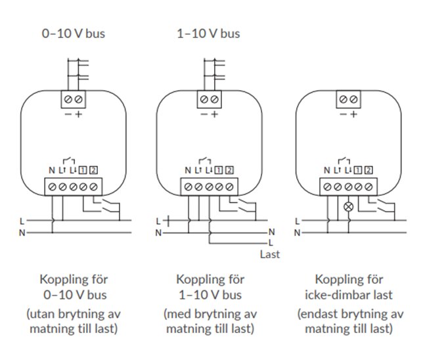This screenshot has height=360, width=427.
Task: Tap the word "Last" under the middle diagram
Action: [269, 254]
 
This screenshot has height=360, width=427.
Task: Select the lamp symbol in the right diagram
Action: [349, 206]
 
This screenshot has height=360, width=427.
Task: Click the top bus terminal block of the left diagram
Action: [74, 99]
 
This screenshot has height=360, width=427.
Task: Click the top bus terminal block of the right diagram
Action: [349, 99]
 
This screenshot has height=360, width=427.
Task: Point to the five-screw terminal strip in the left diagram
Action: [73, 186]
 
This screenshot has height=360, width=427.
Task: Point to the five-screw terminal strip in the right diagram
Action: [348, 186]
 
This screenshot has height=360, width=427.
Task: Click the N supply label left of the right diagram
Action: [297, 232]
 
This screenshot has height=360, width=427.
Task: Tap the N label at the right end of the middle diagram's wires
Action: [271, 232]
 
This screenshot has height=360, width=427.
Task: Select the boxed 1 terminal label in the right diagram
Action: [358, 171]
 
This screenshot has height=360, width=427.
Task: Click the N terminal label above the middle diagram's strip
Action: [188, 171]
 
